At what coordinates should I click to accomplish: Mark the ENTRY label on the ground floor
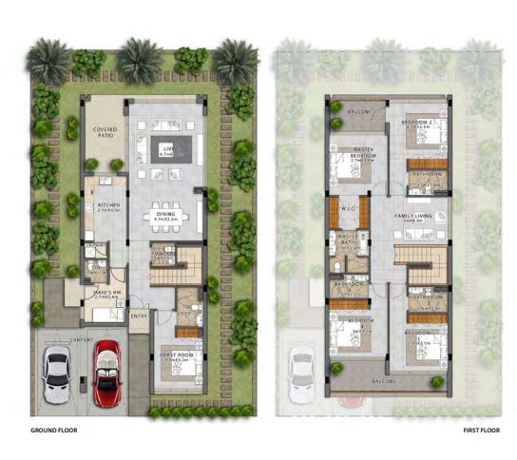139,316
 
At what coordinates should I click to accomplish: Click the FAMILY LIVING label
413,217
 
